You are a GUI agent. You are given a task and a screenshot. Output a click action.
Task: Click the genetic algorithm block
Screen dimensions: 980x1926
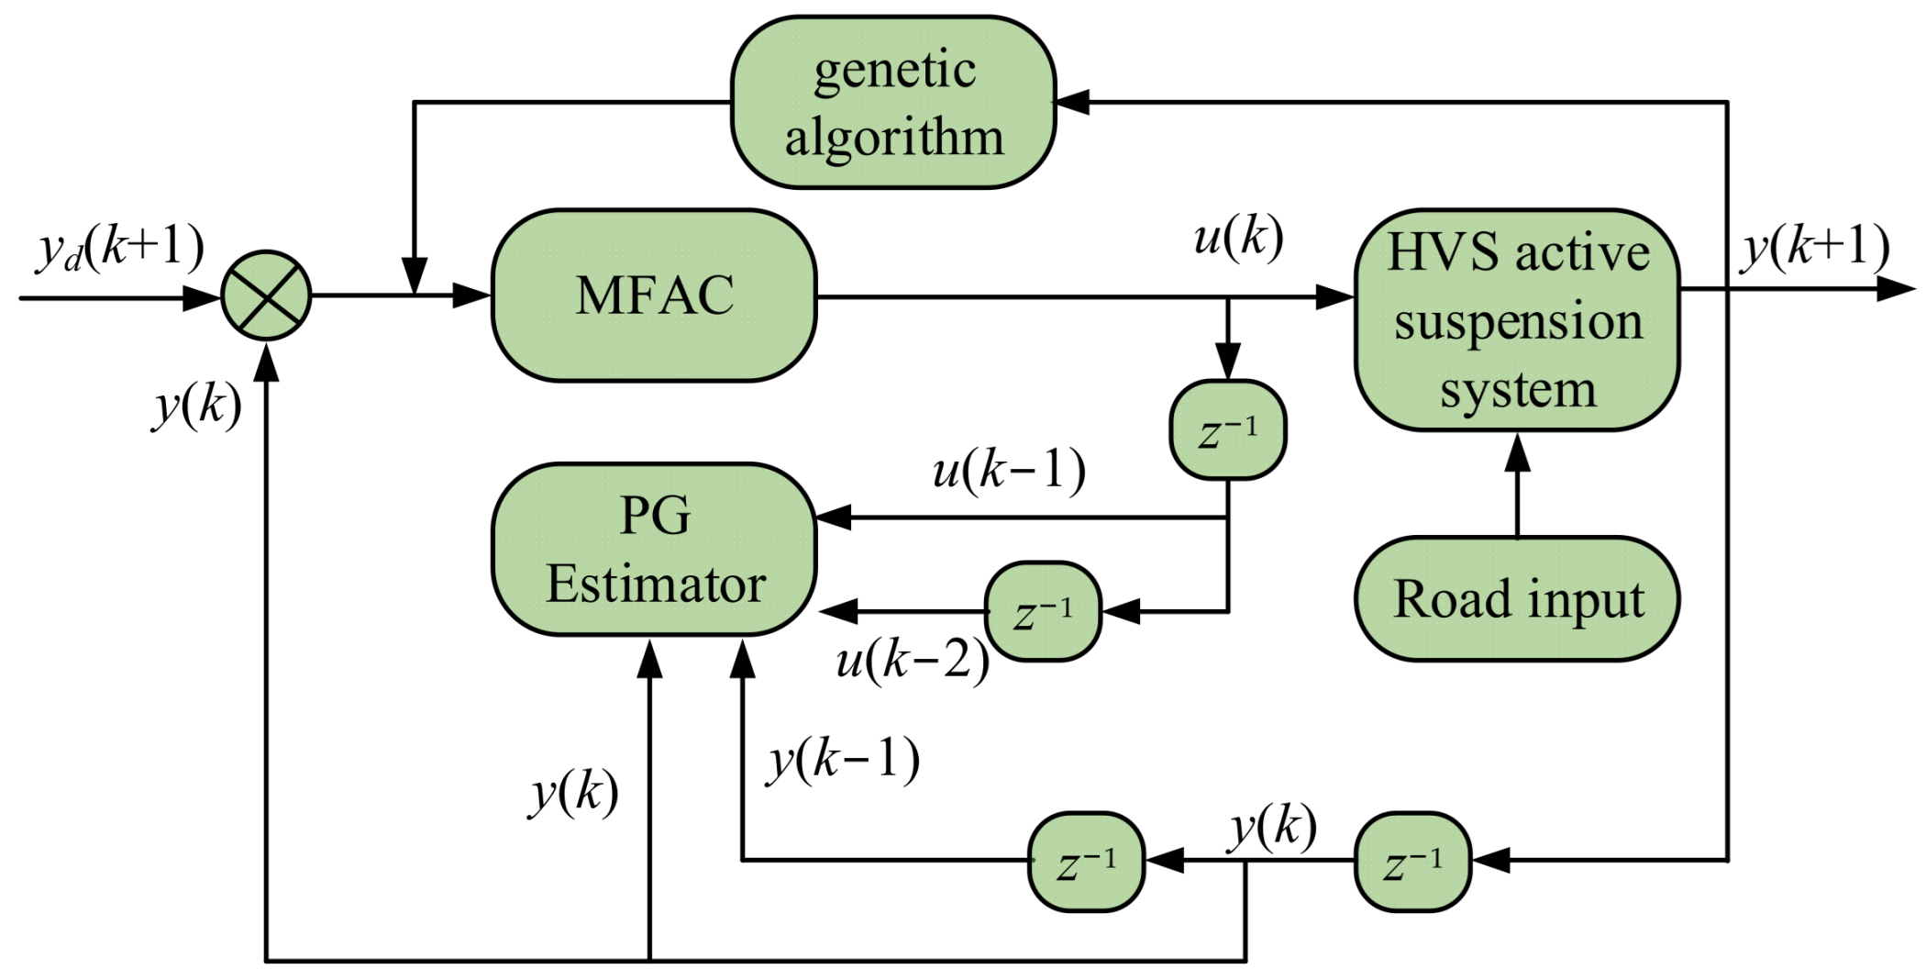[x=893, y=103]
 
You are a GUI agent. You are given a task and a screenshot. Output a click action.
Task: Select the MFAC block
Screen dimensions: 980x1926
[x=654, y=295]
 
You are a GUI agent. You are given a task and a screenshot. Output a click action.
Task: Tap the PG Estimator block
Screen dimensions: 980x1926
[x=654, y=549]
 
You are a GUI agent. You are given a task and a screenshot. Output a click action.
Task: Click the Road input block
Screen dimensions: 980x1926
[x=1517, y=599]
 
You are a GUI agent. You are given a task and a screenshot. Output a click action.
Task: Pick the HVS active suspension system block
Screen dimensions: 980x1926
[x=1517, y=319]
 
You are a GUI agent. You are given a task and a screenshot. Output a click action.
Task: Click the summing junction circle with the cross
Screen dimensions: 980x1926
[x=266, y=295]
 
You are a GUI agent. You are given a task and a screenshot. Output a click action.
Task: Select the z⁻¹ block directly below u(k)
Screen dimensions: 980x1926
[x=1227, y=429]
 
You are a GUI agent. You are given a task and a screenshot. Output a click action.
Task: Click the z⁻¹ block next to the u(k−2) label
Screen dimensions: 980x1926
[x=1043, y=611]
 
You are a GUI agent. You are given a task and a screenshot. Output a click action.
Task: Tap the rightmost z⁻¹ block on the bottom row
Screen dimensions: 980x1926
[x=1412, y=862]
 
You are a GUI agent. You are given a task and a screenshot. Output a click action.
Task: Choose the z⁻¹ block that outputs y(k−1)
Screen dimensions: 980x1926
[x=1086, y=862]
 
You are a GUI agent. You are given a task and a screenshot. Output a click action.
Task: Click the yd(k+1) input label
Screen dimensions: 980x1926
[x=119, y=248]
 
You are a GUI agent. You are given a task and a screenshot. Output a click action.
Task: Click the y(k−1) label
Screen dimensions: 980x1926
[x=844, y=761]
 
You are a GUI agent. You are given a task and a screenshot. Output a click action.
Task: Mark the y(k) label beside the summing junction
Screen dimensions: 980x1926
[x=197, y=406]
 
